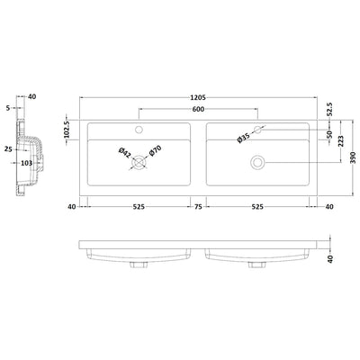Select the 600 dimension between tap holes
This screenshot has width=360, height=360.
point(198,110)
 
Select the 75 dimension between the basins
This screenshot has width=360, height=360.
point(198,205)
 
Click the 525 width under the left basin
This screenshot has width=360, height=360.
point(139,205)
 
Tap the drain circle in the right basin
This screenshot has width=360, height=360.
point(257,162)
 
